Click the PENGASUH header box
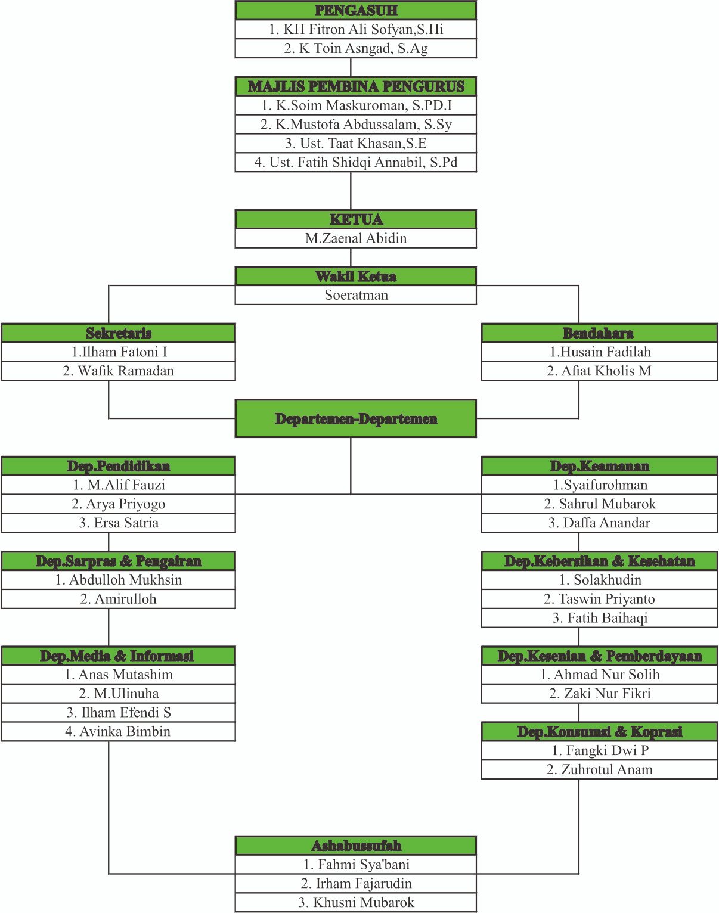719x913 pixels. [x=356, y=11]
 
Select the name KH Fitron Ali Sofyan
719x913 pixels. [x=356, y=29]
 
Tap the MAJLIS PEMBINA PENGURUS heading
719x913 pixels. [x=356, y=86]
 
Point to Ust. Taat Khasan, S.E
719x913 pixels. [x=356, y=144]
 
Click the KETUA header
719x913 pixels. [x=356, y=219]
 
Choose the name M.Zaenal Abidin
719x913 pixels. [x=356, y=238]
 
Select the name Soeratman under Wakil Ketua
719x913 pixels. [x=356, y=295]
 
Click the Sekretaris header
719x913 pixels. [x=118, y=333]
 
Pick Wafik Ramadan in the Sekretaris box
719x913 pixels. [x=118, y=371]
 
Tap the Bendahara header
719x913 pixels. [x=599, y=333]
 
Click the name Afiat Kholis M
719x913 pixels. [x=599, y=371]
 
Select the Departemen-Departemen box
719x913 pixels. [x=356, y=418]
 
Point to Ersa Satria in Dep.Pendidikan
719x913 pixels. [x=118, y=523]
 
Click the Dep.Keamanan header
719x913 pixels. [x=599, y=466]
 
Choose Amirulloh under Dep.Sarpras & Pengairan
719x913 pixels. [x=118, y=599]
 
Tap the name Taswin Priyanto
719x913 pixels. [x=599, y=599]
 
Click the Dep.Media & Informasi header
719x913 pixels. [x=118, y=656]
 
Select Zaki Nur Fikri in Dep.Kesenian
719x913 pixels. [x=599, y=693]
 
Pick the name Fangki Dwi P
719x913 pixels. [x=599, y=750]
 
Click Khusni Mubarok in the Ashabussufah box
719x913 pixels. [x=356, y=902]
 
